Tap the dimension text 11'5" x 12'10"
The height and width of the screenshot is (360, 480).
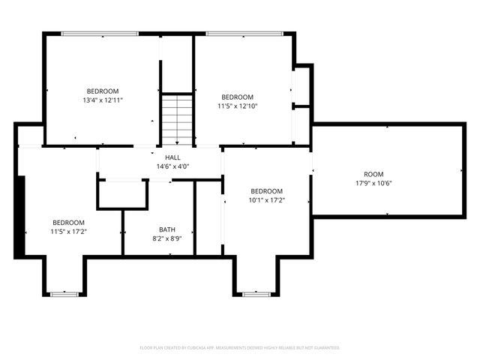click(x=236, y=106)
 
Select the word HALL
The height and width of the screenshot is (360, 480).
click(x=172, y=157)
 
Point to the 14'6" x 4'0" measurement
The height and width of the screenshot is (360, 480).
click(x=172, y=166)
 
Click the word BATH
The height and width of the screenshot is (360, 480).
click(x=167, y=229)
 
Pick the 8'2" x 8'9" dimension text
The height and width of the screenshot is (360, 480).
click(x=167, y=238)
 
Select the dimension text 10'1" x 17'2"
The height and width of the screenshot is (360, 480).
click(x=266, y=200)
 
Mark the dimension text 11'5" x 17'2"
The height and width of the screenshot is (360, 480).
click(x=68, y=232)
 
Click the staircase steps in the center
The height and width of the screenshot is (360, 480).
click(x=178, y=119)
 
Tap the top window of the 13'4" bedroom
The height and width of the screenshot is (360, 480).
click(x=100, y=33)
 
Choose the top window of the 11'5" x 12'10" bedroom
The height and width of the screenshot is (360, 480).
click(x=244, y=33)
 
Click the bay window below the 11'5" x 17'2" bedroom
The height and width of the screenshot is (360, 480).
click(x=64, y=294)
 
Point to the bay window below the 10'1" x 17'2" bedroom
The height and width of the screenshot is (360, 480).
click(x=256, y=294)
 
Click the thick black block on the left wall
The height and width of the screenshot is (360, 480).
click(x=20, y=217)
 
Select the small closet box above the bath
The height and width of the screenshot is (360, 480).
click(x=122, y=194)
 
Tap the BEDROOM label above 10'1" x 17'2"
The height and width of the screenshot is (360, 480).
click(x=266, y=190)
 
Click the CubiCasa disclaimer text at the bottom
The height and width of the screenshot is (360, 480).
click(x=240, y=348)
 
